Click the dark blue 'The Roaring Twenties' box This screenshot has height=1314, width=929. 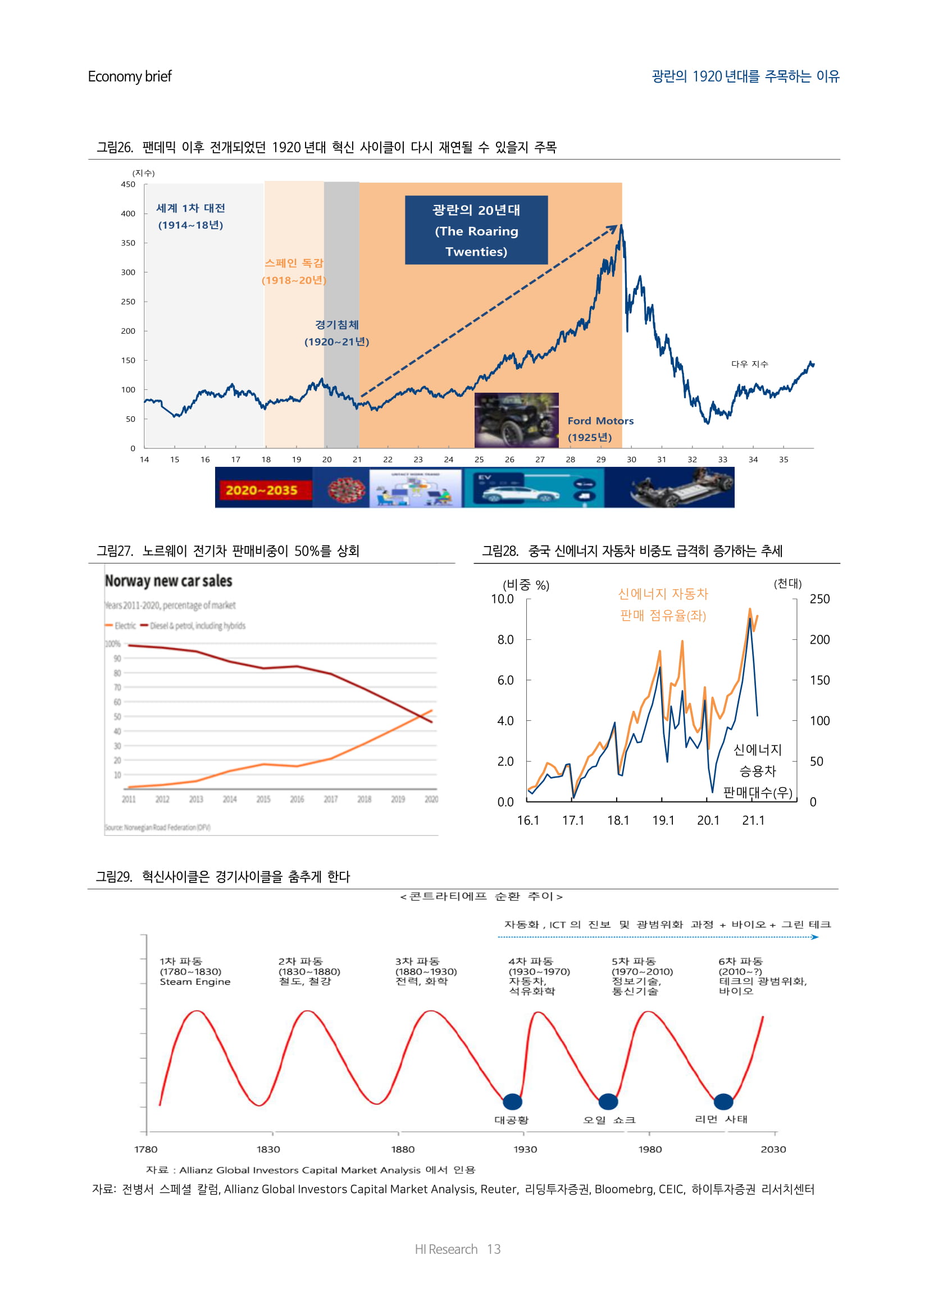[x=476, y=230]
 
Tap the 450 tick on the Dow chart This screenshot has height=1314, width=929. [x=128, y=184]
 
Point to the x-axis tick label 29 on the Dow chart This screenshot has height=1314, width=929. [x=600, y=460]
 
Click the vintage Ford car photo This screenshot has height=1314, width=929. [x=516, y=420]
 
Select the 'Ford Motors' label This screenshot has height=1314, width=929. [x=600, y=421]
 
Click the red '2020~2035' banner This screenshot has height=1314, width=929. [x=261, y=490]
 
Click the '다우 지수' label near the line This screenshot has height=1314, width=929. [x=749, y=364]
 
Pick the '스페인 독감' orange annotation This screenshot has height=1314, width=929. [x=294, y=263]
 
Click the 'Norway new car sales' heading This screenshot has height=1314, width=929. [x=168, y=581]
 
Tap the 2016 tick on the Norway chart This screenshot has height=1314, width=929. [x=297, y=799]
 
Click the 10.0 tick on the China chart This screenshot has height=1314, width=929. [x=502, y=599]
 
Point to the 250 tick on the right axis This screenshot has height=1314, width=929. [x=819, y=599]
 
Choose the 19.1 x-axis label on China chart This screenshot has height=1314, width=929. [x=663, y=820]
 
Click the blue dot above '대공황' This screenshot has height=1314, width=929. [x=512, y=1101]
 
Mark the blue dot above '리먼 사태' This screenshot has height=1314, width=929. [x=723, y=1101]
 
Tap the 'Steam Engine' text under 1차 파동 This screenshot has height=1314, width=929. [x=194, y=981]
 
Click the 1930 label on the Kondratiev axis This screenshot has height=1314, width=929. [x=525, y=1149]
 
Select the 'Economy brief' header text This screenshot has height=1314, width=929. [x=130, y=77]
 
